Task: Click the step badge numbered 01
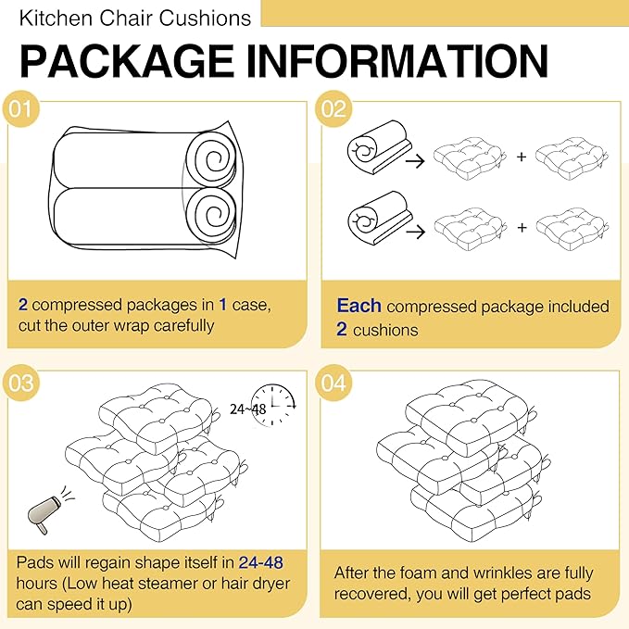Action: click(x=20, y=108)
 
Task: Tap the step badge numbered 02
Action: click(x=333, y=108)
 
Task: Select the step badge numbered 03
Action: click(x=20, y=383)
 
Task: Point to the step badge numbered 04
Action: click(x=333, y=383)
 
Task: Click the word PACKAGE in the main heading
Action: click(x=127, y=61)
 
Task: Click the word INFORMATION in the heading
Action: click(x=397, y=61)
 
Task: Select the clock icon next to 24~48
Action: click(x=273, y=405)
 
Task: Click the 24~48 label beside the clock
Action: click(x=248, y=409)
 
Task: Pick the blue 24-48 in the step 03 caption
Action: click(x=260, y=562)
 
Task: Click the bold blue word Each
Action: click(x=359, y=306)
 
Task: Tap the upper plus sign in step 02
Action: click(x=522, y=157)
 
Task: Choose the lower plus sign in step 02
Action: click(x=522, y=228)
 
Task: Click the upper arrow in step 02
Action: click(x=415, y=161)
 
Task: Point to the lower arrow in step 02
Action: click(x=415, y=232)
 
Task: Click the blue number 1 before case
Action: click(x=223, y=305)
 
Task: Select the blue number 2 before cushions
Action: click(x=342, y=330)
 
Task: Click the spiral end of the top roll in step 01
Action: click(x=212, y=159)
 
